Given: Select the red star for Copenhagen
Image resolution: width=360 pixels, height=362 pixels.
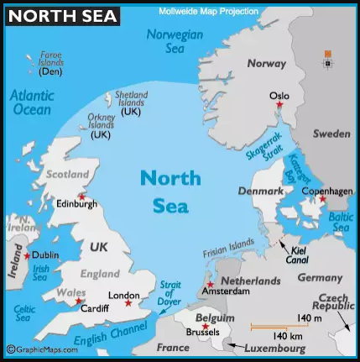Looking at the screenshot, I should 322,200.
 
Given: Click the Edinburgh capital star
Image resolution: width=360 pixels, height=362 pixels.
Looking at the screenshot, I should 81,196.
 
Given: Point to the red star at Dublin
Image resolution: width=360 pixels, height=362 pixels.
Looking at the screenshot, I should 27,255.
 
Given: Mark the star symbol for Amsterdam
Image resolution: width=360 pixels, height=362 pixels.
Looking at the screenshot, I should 211,284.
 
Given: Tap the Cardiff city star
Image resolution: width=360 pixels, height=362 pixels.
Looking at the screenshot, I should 79,301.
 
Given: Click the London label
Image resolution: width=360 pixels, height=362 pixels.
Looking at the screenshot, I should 124,295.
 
